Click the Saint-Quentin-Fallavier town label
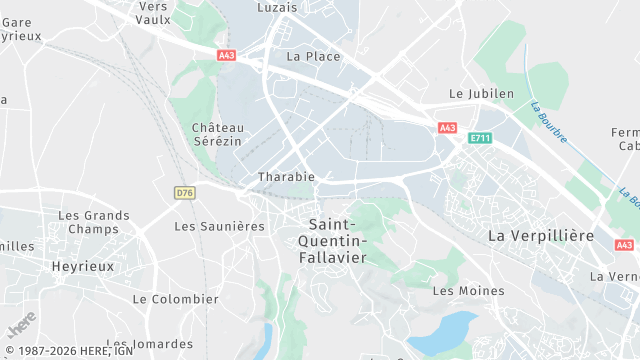337,241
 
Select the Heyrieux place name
83,266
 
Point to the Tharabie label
286,177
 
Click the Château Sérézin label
219,135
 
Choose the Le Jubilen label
481,94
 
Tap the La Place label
313,57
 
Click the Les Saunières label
219,226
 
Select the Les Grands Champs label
93,222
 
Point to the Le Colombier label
175,299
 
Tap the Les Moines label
468,291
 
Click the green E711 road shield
480,139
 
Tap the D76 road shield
184,192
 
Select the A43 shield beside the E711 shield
447,127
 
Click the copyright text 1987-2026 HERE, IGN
67,351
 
